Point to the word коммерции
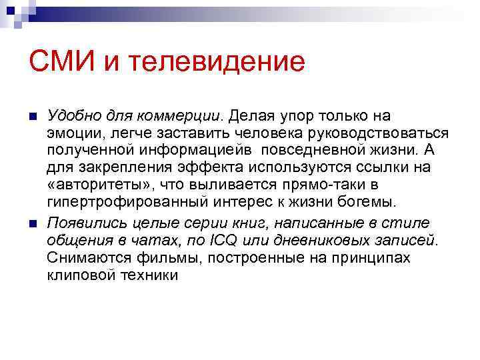[191, 116]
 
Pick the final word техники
[151, 274]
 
